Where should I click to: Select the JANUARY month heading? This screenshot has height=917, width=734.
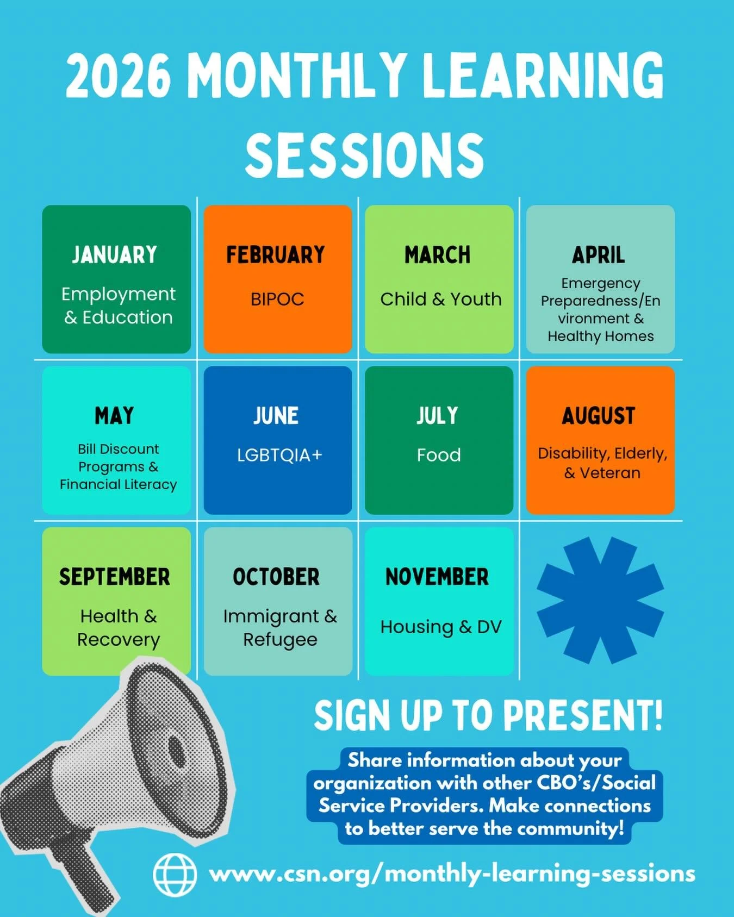click(x=115, y=255)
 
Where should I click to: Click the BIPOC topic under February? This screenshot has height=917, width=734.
click(x=277, y=299)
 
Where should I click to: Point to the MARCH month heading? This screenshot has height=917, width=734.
click(x=438, y=255)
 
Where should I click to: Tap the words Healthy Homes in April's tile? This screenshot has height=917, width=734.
click(x=600, y=336)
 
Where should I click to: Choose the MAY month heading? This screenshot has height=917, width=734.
click(x=115, y=416)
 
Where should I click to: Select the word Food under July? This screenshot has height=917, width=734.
click(x=439, y=455)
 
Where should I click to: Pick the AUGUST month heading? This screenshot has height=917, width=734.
click(x=599, y=416)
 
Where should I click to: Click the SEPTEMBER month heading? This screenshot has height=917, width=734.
click(x=115, y=577)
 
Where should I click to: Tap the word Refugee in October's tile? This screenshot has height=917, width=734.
click(x=280, y=640)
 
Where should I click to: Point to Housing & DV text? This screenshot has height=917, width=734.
click(x=440, y=627)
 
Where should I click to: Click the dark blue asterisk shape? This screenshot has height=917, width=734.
click(x=600, y=600)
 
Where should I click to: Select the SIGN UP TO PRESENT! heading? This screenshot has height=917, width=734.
click(x=488, y=715)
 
